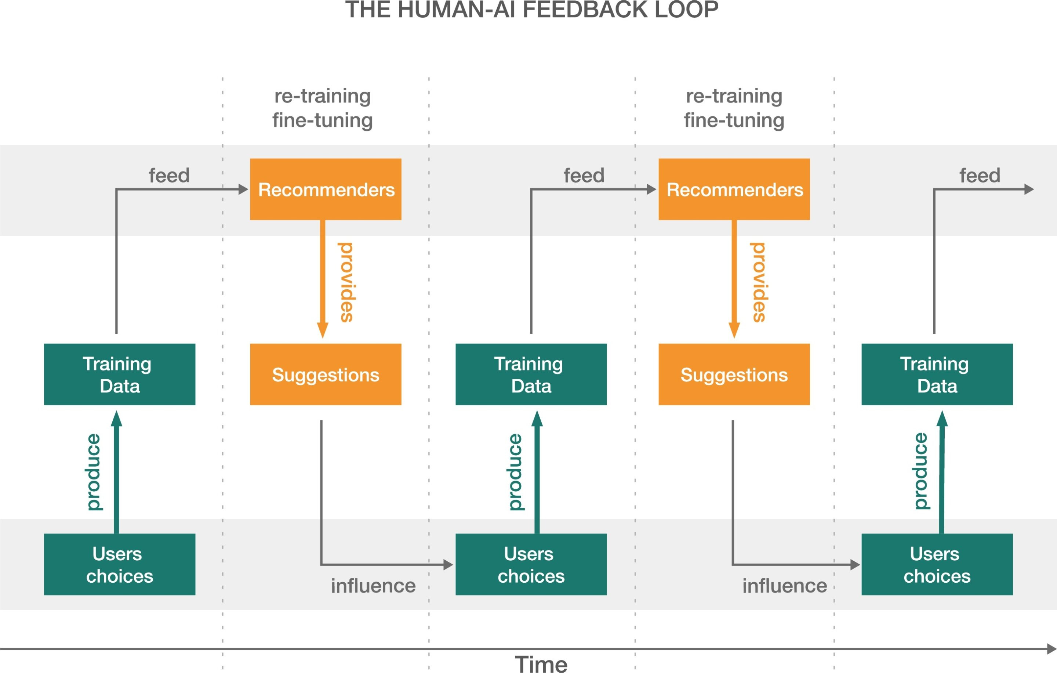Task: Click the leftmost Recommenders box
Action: pos(326,189)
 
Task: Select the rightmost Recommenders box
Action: pos(734,189)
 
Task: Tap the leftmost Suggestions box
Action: pos(326,375)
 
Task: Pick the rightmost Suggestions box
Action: pos(734,375)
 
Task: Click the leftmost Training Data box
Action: pos(119,375)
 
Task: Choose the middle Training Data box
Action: pos(531,375)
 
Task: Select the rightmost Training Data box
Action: pos(937,375)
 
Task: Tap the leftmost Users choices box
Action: pos(119,565)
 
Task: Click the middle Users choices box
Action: pos(531,565)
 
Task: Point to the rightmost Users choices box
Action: pos(937,565)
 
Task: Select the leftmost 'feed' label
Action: pos(169,176)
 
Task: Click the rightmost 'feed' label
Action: pos(980,176)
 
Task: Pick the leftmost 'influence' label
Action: pos(373,586)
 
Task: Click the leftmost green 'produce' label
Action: pos(93,473)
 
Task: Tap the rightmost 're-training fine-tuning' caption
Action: pos(734,108)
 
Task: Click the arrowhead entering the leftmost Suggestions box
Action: pos(323,330)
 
